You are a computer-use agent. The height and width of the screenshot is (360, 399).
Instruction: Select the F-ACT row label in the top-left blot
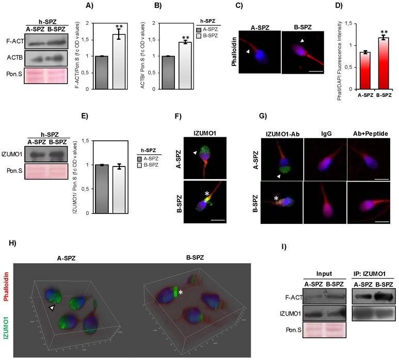(14, 39)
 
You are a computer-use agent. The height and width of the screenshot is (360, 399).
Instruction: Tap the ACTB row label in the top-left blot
(14, 57)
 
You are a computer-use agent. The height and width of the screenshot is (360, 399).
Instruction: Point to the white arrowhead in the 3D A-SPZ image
(52, 307)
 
